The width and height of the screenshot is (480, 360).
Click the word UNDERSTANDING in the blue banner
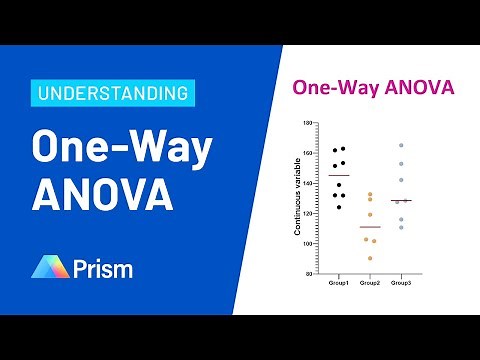[113, 94]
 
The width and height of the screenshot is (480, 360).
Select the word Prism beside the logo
[103, 268]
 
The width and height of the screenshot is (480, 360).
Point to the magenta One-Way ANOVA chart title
[372, 87]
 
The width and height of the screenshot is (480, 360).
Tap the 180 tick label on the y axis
[308, 122]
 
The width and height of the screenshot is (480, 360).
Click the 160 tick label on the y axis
[308, 153]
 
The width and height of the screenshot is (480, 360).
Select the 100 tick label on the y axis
[308, 243]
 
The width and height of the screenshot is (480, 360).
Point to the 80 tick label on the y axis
[310, 273]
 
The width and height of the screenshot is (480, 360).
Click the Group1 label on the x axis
[339, 284]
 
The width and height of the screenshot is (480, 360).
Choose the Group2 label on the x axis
[370, 284]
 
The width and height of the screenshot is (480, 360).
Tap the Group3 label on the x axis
[401, 284]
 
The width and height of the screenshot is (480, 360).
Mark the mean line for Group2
[370, 228]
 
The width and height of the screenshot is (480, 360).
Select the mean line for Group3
[401, 201]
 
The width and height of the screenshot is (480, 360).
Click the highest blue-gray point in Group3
[401, 146]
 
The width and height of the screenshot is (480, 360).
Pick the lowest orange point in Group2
[370, 258]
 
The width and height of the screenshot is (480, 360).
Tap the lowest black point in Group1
[339, 207]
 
